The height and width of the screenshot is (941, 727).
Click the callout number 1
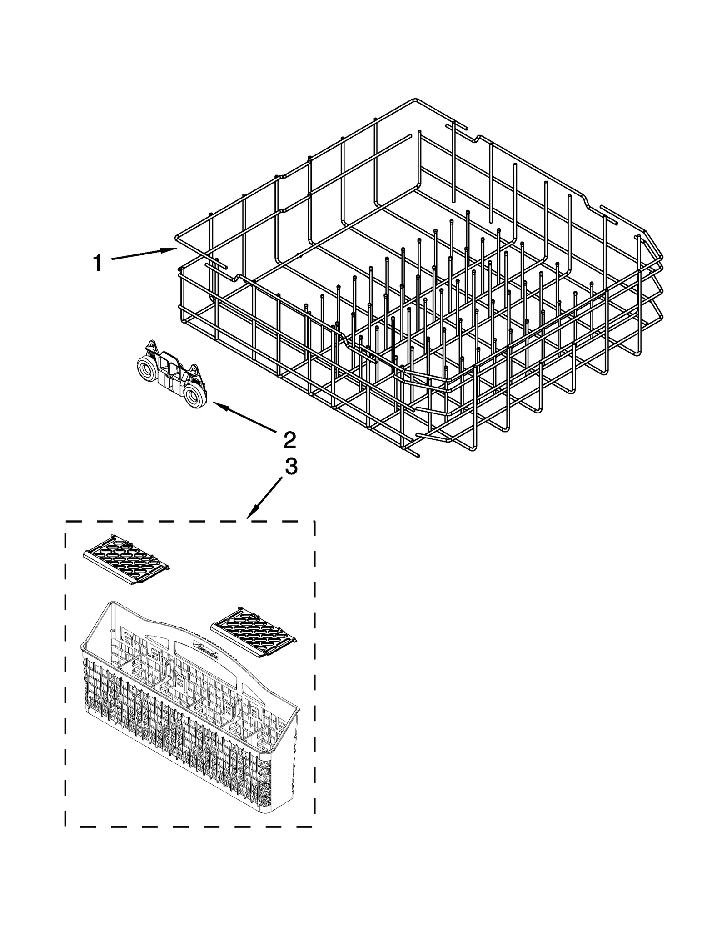click(97, 263)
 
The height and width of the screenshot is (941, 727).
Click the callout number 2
click(289, 439)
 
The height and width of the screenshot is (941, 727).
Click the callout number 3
click(290, 467)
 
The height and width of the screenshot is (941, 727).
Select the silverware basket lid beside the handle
click(254, 632)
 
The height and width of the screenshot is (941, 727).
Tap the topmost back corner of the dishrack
click(414, 100)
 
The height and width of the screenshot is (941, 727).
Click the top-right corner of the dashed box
click(314, 522)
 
